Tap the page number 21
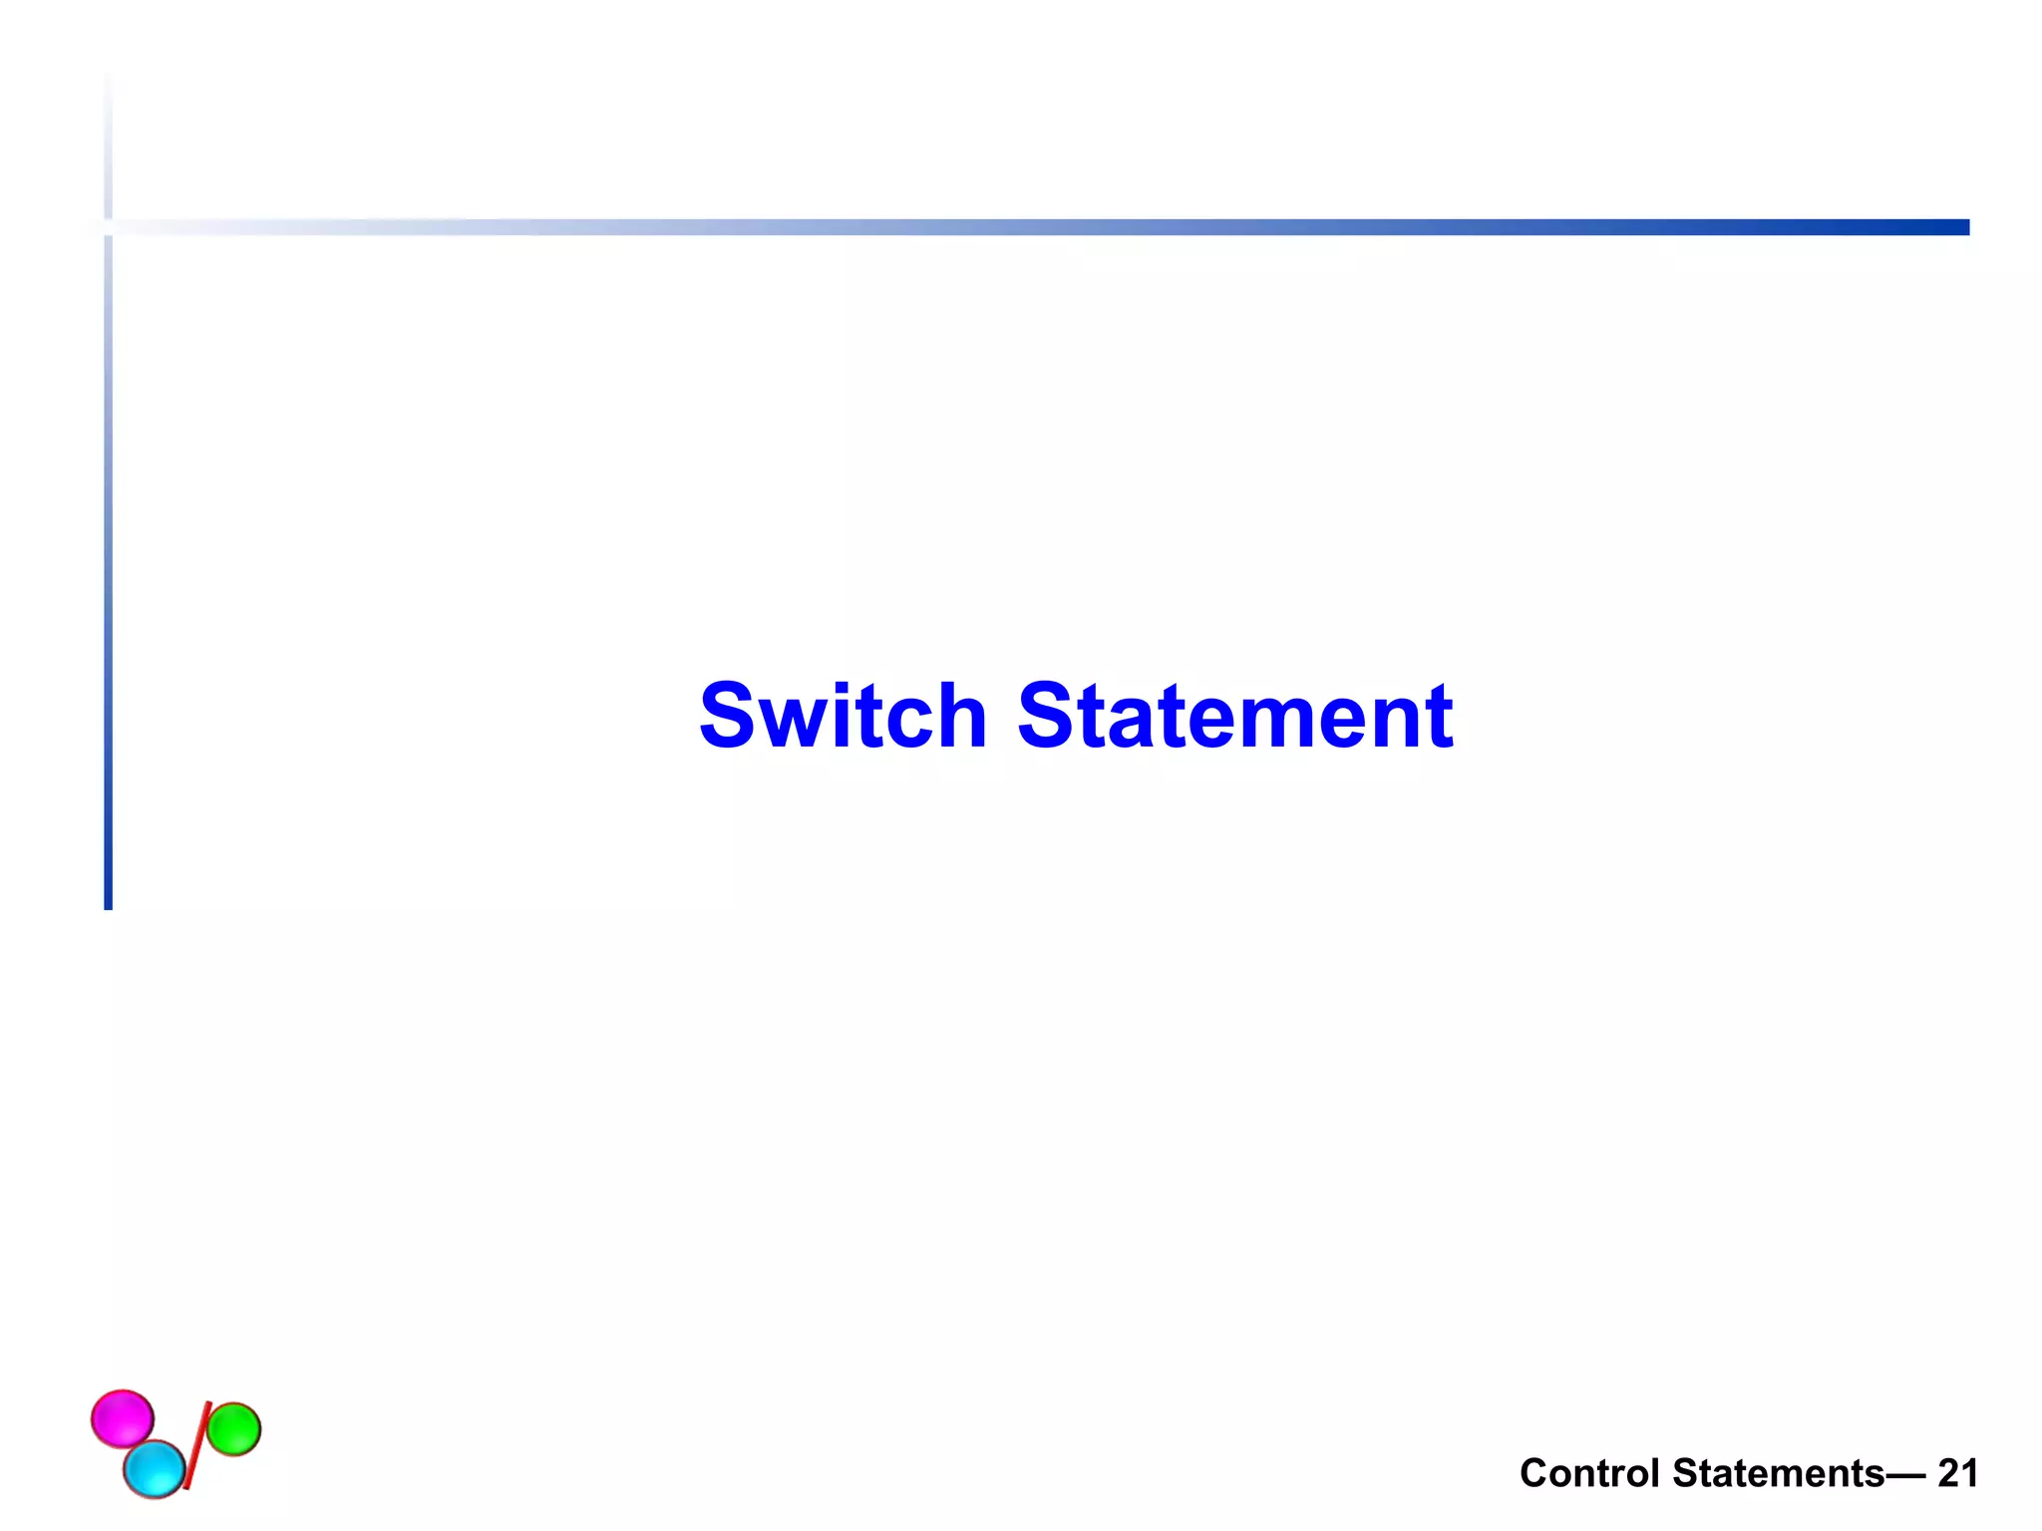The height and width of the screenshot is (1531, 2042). [1957, 1473]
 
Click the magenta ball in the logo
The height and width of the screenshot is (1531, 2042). [123, 1418]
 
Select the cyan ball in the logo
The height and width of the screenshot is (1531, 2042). [155, 1469]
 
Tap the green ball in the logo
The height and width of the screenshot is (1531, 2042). [234, 1428]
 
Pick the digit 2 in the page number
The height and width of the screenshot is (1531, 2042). [1947, 1473]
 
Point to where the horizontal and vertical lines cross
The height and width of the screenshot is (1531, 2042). [108, 227]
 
